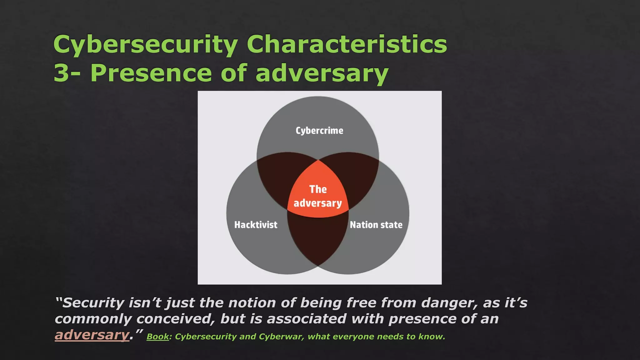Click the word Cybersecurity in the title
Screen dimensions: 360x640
click(x=145, y=45)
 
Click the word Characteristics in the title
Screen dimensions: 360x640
click(x=347, y=44)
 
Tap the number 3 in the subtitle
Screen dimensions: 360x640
click(x=61, y=73)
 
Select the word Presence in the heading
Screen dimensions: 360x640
click(x=151, y=73)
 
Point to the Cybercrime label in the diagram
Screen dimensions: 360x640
click(x=319, y=131)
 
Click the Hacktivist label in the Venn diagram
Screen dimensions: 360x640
click(x=256, y=225)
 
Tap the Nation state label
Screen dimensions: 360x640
click(x=376, y=225)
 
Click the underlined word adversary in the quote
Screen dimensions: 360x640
click(x=92, y=335)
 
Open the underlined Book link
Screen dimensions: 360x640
click(x=158, y=337)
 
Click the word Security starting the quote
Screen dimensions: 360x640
click(x=93, y=303)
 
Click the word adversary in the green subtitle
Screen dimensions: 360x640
click(x=322, y=73)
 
